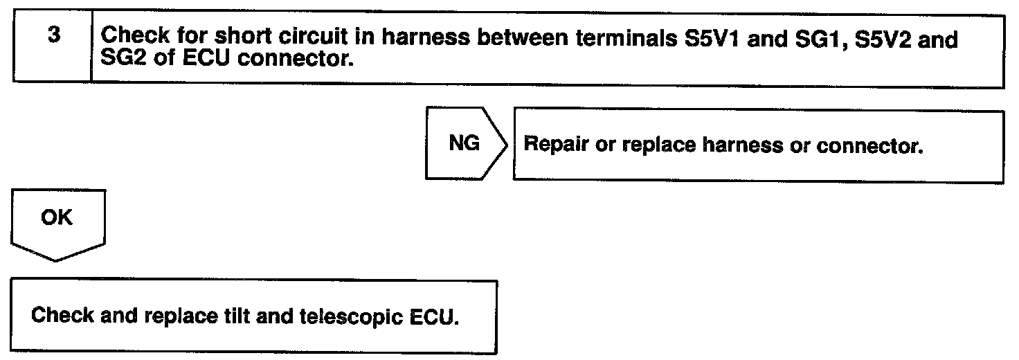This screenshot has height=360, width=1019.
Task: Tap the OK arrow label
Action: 57,217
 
